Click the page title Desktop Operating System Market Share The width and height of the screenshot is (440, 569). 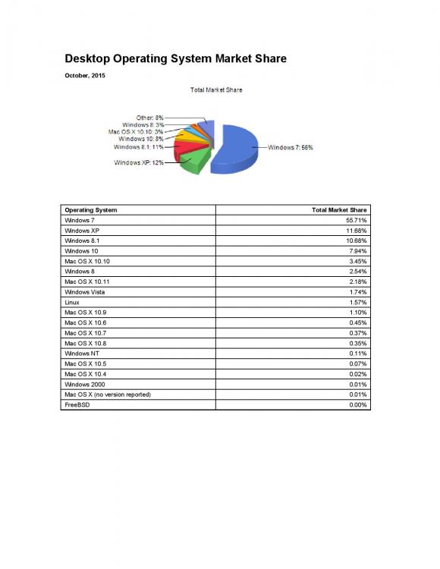(x=175, y=58)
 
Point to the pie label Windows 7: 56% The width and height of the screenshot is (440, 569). (x=291, y=147)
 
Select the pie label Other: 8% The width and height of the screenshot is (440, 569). (x=149, y=118)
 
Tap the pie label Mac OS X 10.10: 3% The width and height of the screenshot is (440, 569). (x=137, y=132)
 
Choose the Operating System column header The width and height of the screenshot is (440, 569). (x=91, y=209)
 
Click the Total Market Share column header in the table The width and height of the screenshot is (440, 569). (x=339, y=209)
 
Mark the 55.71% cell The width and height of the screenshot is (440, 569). (x=356, y=219)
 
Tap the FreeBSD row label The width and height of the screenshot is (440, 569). (x=77, y=405)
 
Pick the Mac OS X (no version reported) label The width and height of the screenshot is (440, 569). (x=108, y=395)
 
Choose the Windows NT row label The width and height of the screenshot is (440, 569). (x=83, y=354)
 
